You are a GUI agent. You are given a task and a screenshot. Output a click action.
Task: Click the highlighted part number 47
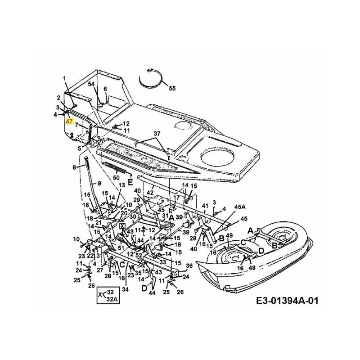(x=69, y=121)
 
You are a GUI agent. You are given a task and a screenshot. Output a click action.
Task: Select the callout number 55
(x=172, y=89)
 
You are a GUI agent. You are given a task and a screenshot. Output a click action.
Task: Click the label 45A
(x=240, y=207)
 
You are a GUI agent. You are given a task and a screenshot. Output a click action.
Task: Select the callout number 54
(x=91, y=84)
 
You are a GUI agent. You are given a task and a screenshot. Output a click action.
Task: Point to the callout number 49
(x=229, y=236)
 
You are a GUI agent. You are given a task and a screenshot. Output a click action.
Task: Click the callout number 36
(x=189, y=265)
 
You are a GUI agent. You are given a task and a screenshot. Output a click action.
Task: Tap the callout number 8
(x=75, y=168)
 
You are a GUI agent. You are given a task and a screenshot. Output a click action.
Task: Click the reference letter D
(x=144, y=288)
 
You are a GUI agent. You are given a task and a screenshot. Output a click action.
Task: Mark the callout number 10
(x=76, y=238)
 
